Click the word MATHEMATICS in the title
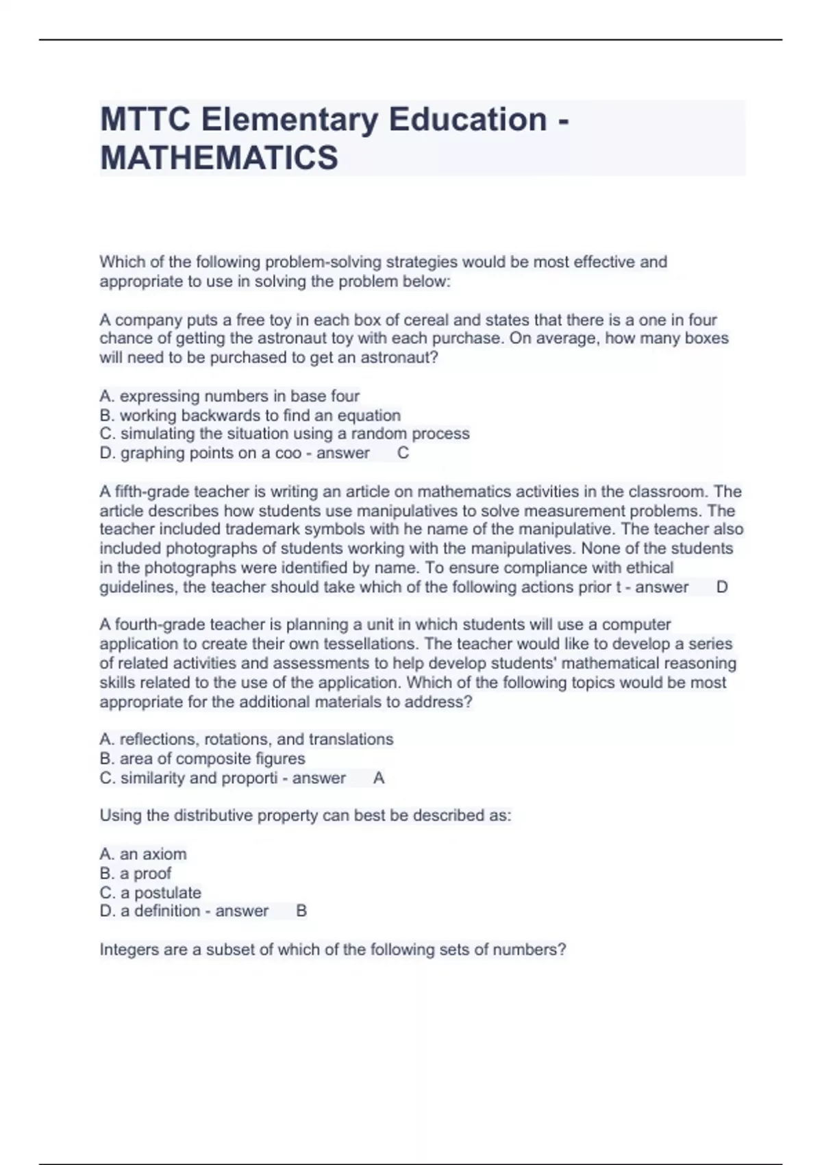(219, 158)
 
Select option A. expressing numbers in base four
(229, 396)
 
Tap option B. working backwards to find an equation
(250, 415)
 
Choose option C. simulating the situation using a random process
(284, 434)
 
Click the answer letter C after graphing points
(403, 453)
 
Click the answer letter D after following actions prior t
(721, 587)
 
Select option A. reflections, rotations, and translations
(247, 739)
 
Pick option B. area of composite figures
(202, 759)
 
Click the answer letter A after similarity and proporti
(379, 778)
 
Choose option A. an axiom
(143, 855)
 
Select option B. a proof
(136, 874)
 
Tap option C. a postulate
(151, 893)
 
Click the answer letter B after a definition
(301, 911)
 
